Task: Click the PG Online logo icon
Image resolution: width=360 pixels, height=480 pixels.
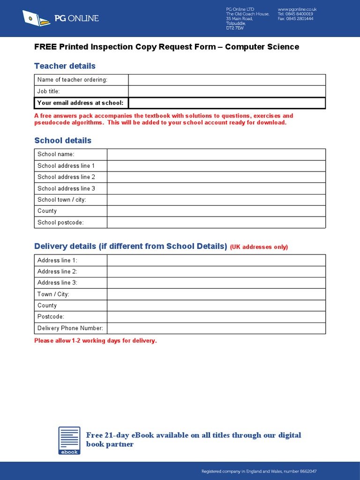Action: coord(36,18)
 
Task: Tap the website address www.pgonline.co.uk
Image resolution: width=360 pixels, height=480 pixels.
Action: coord(297,9)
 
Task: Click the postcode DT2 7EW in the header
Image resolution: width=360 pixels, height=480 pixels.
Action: coord(235,29)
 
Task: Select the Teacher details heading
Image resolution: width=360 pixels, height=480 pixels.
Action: coord(65,66)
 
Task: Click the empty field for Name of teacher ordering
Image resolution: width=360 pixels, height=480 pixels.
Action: coord(227,80)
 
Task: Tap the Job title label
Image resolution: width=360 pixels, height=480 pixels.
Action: coord(49,91)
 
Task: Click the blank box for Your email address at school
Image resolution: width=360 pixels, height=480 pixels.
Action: coord(227,103)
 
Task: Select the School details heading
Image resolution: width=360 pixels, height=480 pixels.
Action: coord(63,141)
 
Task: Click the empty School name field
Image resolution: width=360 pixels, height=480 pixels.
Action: coord(216,155)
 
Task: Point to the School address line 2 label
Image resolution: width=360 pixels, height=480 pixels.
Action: coord(66,177)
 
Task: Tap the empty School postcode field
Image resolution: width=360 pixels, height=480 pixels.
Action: coord(216,223)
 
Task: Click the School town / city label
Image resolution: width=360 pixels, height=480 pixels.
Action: coord(62,200)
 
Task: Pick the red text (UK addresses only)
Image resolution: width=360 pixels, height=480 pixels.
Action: coord(259,247)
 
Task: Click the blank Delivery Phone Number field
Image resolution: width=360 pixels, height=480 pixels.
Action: coord(216,329)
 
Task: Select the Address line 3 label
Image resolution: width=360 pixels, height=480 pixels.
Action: coord(57,283)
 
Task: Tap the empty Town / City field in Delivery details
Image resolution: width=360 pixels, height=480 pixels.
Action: coord(216,294)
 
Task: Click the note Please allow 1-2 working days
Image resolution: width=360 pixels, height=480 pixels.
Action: coord(95,341)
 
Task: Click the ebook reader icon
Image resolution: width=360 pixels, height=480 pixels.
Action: coord(69,440)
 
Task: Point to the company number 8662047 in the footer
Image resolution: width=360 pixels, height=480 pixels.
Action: coord(307,471)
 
